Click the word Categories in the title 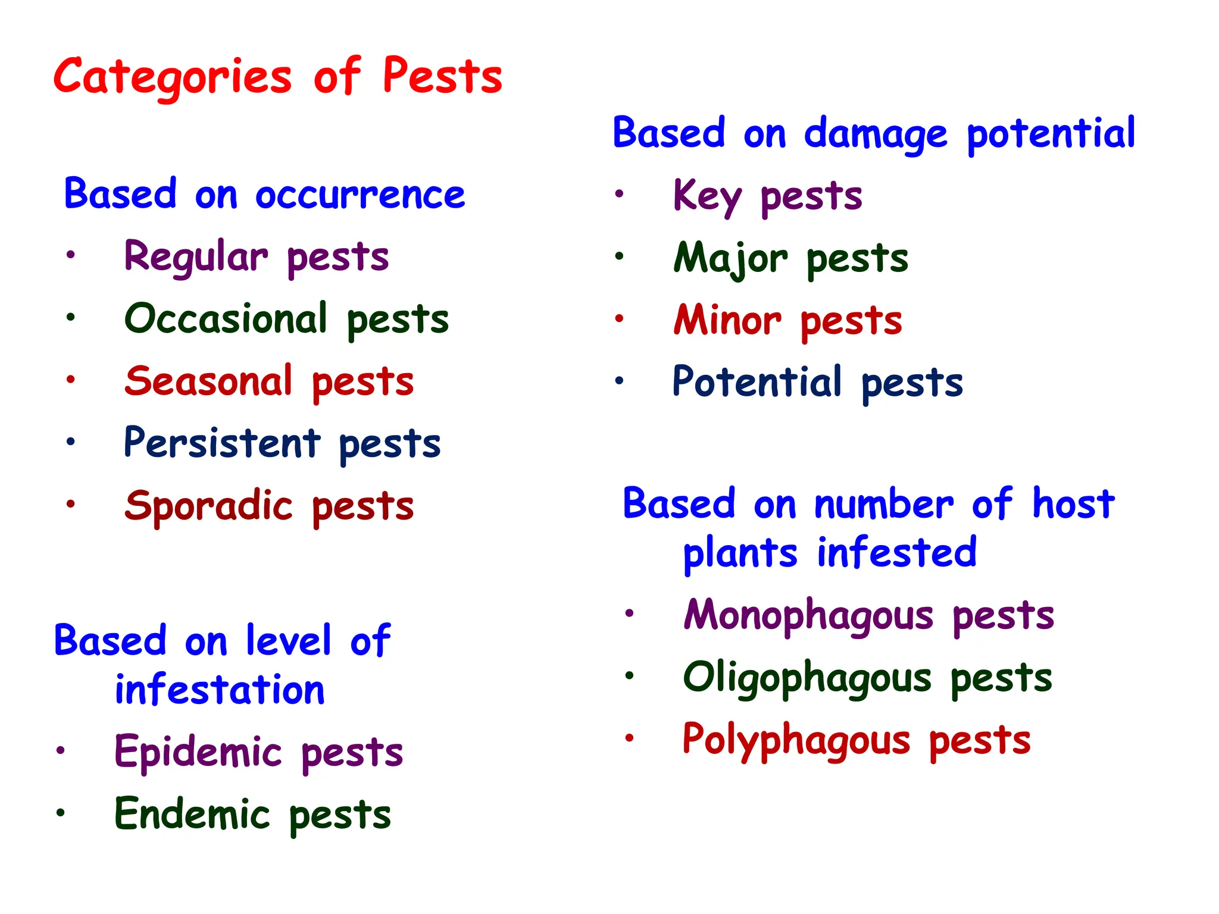coord(173,77)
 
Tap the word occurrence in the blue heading coord(360,195)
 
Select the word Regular coord(196,257)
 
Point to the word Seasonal coord(209,381)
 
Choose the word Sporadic coord(209,506)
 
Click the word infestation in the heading coord(220,690)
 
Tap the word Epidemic coord(198,752)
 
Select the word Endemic coord(192,814)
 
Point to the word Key coord(707,196)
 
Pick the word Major coord(731,259)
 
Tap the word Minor coord(727,320)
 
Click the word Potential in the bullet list coord(757,381)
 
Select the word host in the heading coord(1073,504)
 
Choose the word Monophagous coord(808,616)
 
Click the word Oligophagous coord(807,678)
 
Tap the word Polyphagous coord(796,740)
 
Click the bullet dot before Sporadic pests coord(71,504)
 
